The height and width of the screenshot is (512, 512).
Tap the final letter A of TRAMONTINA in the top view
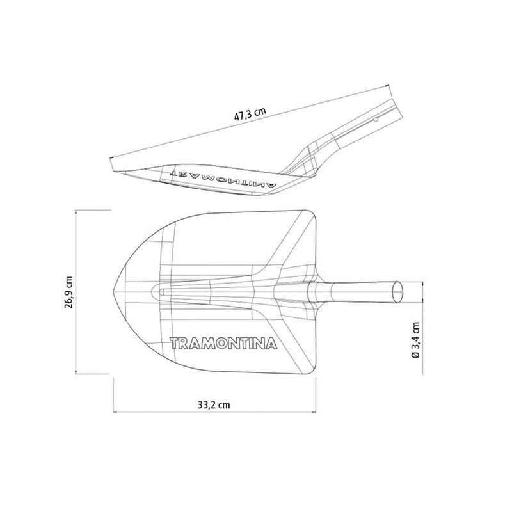pos(273,344)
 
